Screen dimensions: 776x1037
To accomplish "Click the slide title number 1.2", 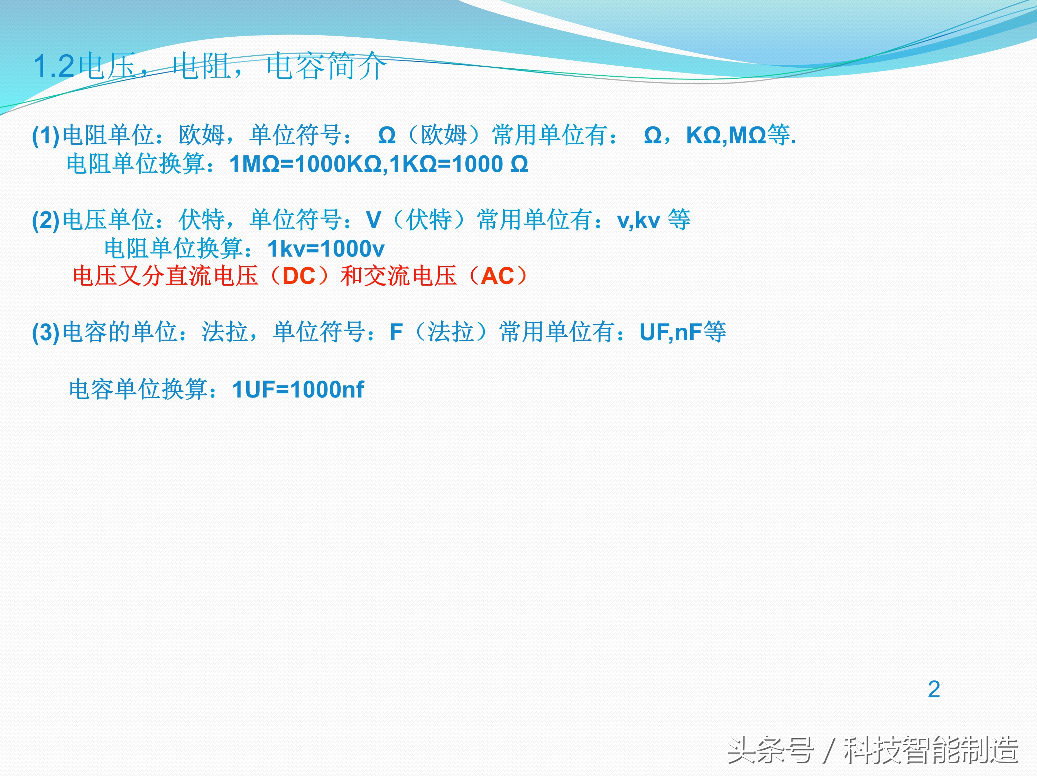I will click(x=54, y=67).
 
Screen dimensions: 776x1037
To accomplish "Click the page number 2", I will click(x=934, y=689).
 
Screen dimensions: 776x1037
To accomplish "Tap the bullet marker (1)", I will click(x=46, y=136).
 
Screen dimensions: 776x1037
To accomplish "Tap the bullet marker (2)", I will click(x=46, y=220).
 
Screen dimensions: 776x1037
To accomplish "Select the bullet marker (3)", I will click(x=46, y=333).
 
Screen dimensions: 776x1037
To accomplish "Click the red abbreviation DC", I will click(x=299, y=276).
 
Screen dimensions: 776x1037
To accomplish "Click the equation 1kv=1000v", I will click(x=326, y=249).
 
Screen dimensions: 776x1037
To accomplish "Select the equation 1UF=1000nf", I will click(x=298, y=389).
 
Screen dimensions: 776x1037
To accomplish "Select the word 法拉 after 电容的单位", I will click(x=225, y=333).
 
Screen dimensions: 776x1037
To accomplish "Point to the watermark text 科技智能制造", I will click(x=930, y=750).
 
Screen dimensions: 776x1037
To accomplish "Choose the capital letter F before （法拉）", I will click(x=396, y=333).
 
